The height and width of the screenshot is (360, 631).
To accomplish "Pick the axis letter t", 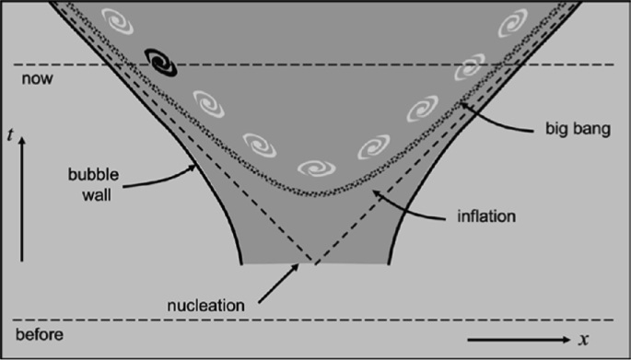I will click(9, 136).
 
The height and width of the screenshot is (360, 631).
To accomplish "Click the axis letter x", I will click(583, 340).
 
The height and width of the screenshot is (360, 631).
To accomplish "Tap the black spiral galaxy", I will click(161, 62).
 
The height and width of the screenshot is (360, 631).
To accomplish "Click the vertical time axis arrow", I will click(21, 198).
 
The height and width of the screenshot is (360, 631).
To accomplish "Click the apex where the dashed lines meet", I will click(313, 264).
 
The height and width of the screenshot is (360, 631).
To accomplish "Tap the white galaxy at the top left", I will click(120, 19).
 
